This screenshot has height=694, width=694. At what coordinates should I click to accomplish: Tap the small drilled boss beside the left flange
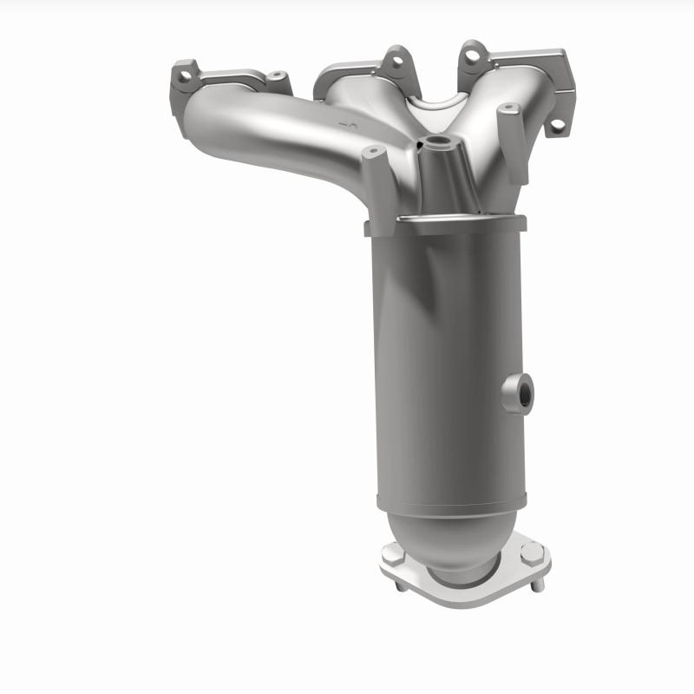(277, 77)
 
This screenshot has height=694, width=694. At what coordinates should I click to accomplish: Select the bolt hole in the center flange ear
(396, 61)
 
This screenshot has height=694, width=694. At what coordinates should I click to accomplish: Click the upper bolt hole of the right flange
(471, 55)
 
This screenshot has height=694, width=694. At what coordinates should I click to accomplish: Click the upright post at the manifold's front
(376, 187)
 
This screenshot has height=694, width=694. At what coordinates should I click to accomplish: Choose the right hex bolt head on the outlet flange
(531, 553)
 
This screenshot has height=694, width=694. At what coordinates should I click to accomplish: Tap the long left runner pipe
(260, 130)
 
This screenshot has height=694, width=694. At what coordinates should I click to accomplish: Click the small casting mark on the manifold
(350, 128)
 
